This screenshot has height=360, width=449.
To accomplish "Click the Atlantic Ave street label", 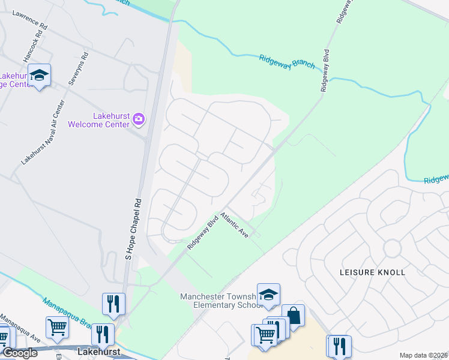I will point(234,224).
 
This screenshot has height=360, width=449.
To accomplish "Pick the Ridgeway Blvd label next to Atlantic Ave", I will point(201,233).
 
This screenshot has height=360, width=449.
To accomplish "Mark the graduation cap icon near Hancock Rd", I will point(39,75).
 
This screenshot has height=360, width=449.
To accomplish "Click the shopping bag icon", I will point(293,315).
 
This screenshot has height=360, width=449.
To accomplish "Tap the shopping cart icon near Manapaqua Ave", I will point(57,328).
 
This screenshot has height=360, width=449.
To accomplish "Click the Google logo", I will point(19,353).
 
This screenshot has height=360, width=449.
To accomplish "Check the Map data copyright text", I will point(423,355).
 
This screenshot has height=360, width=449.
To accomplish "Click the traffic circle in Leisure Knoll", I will point(393,247).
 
